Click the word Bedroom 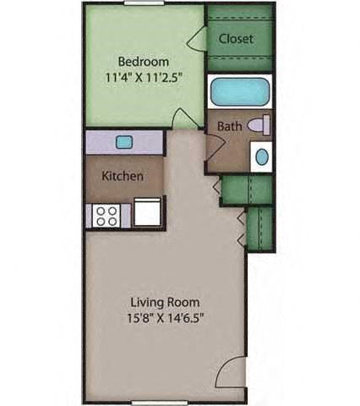143,62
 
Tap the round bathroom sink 261,156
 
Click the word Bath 230,127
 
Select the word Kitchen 122,177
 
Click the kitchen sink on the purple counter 124,142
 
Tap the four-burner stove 107,215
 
